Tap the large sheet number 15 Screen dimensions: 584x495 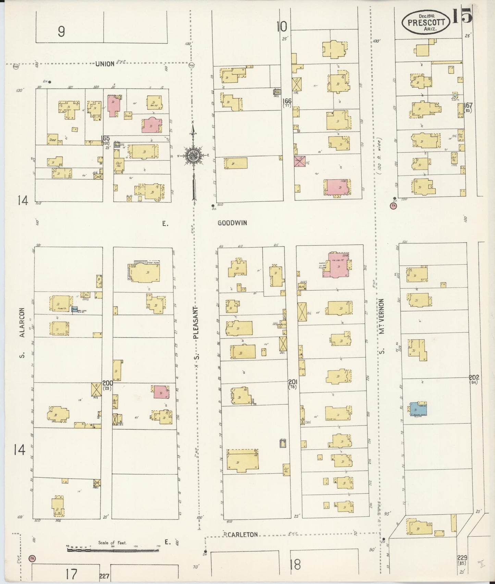pos(462,16)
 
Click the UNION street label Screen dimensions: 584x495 pos(105,64)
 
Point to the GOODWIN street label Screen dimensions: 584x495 pos(232,223)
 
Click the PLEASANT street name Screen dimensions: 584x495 pos(196,322)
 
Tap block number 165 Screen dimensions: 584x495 pos(105,138)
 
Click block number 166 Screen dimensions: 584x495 pos(287,101)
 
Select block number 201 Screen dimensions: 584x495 pos(293,382)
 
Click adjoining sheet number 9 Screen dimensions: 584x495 pos(61,32)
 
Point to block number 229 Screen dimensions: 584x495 pos(462,558)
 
